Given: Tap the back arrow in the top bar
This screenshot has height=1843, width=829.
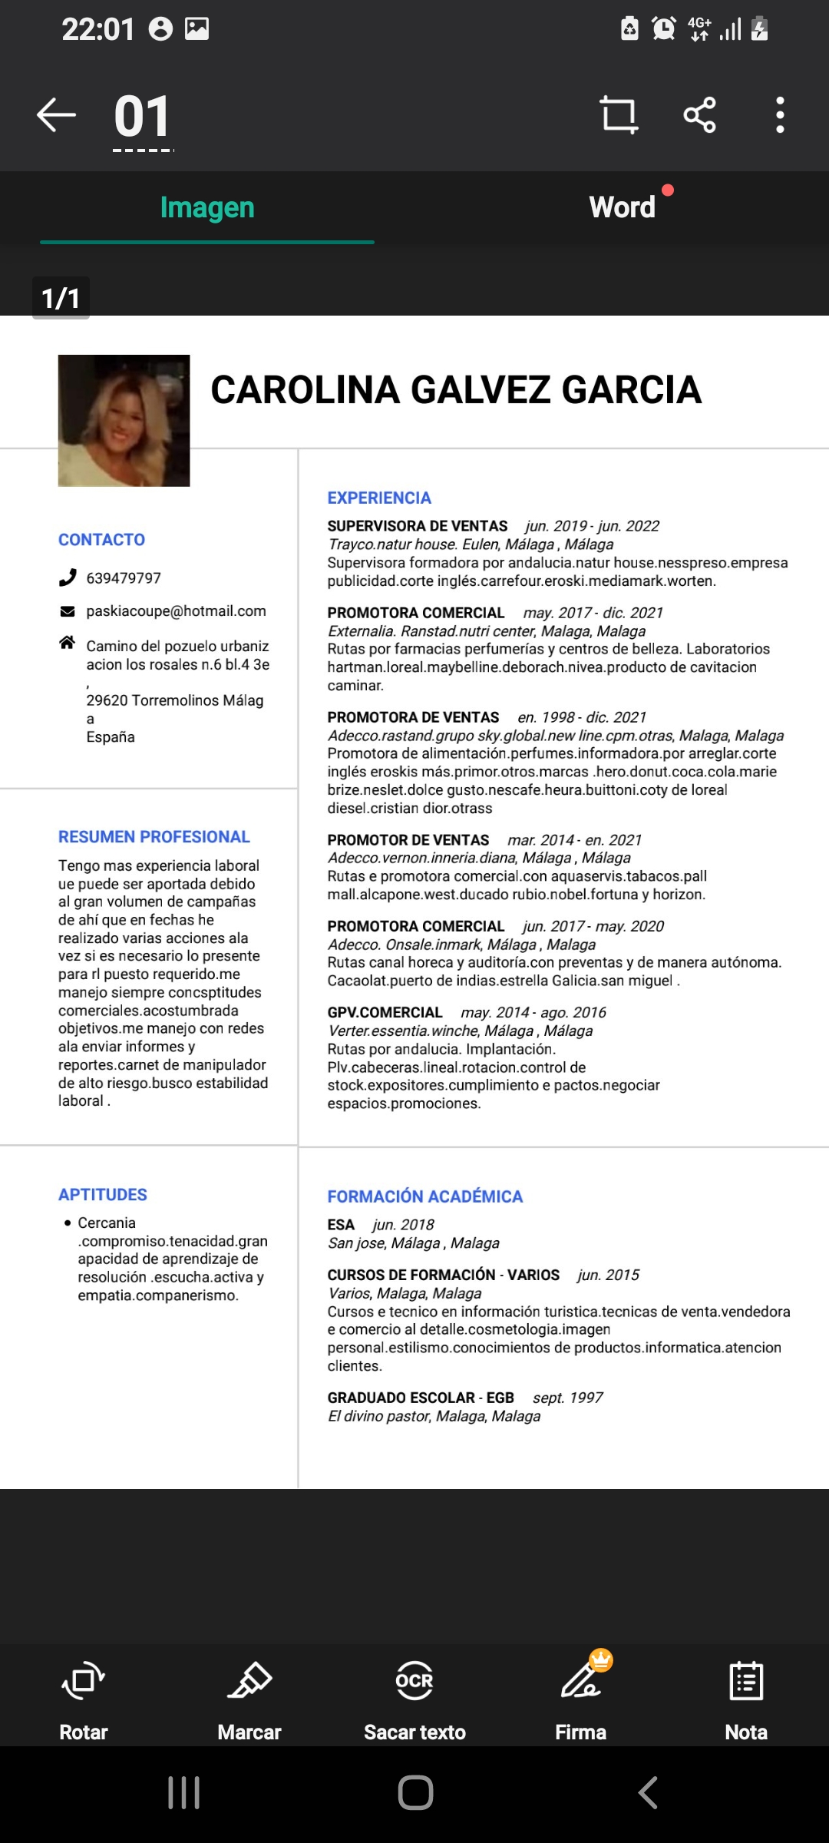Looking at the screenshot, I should click(57, 115).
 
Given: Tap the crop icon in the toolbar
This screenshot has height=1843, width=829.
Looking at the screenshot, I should click(619, 115).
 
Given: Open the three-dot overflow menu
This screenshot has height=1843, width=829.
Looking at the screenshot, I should click(780, 115).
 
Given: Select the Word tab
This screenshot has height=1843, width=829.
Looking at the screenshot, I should click(622, 207).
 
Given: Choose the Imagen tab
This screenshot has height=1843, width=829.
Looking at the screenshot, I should click(207, 207).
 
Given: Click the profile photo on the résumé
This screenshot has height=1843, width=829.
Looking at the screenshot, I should click(124, 420).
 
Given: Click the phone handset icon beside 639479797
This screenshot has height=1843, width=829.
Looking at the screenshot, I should click(68, 577).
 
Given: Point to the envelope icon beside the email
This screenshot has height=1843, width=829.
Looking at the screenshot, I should click(68, 611).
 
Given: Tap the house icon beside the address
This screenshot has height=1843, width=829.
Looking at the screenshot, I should click(68, 643).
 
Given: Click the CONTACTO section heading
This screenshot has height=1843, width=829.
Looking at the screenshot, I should click(101, 540).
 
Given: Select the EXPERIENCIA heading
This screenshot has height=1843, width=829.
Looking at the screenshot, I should click(379, 498).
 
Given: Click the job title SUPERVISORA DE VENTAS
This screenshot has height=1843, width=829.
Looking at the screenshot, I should click(418, 526).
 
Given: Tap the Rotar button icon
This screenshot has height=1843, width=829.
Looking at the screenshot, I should click(83, 1681).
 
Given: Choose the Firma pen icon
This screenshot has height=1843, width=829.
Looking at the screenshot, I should click(582, 1681).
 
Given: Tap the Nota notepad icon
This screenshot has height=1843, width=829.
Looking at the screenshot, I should click(746, 1681).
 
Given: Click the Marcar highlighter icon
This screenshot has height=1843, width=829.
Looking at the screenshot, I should click(249, 1681).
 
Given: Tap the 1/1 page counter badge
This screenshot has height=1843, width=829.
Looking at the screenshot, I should click(61, 298).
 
